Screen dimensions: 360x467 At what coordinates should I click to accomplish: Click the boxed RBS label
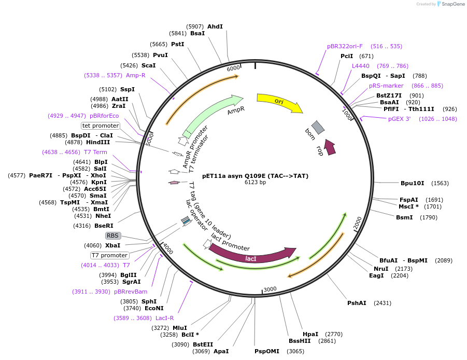113,236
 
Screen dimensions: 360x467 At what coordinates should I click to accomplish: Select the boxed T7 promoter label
109,255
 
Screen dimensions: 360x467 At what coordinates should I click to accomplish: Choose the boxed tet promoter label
101,126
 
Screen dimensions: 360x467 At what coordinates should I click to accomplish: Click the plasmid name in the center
255,176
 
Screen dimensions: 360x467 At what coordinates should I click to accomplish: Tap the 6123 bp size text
255,183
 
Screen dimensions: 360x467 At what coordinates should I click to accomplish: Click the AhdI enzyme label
215,26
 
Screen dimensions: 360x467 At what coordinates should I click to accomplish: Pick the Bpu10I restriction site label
413,183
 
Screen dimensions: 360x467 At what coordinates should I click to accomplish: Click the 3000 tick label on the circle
270,289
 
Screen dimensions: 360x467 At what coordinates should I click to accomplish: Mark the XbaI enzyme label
113,245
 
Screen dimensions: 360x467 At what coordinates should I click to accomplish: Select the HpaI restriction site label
310,334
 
